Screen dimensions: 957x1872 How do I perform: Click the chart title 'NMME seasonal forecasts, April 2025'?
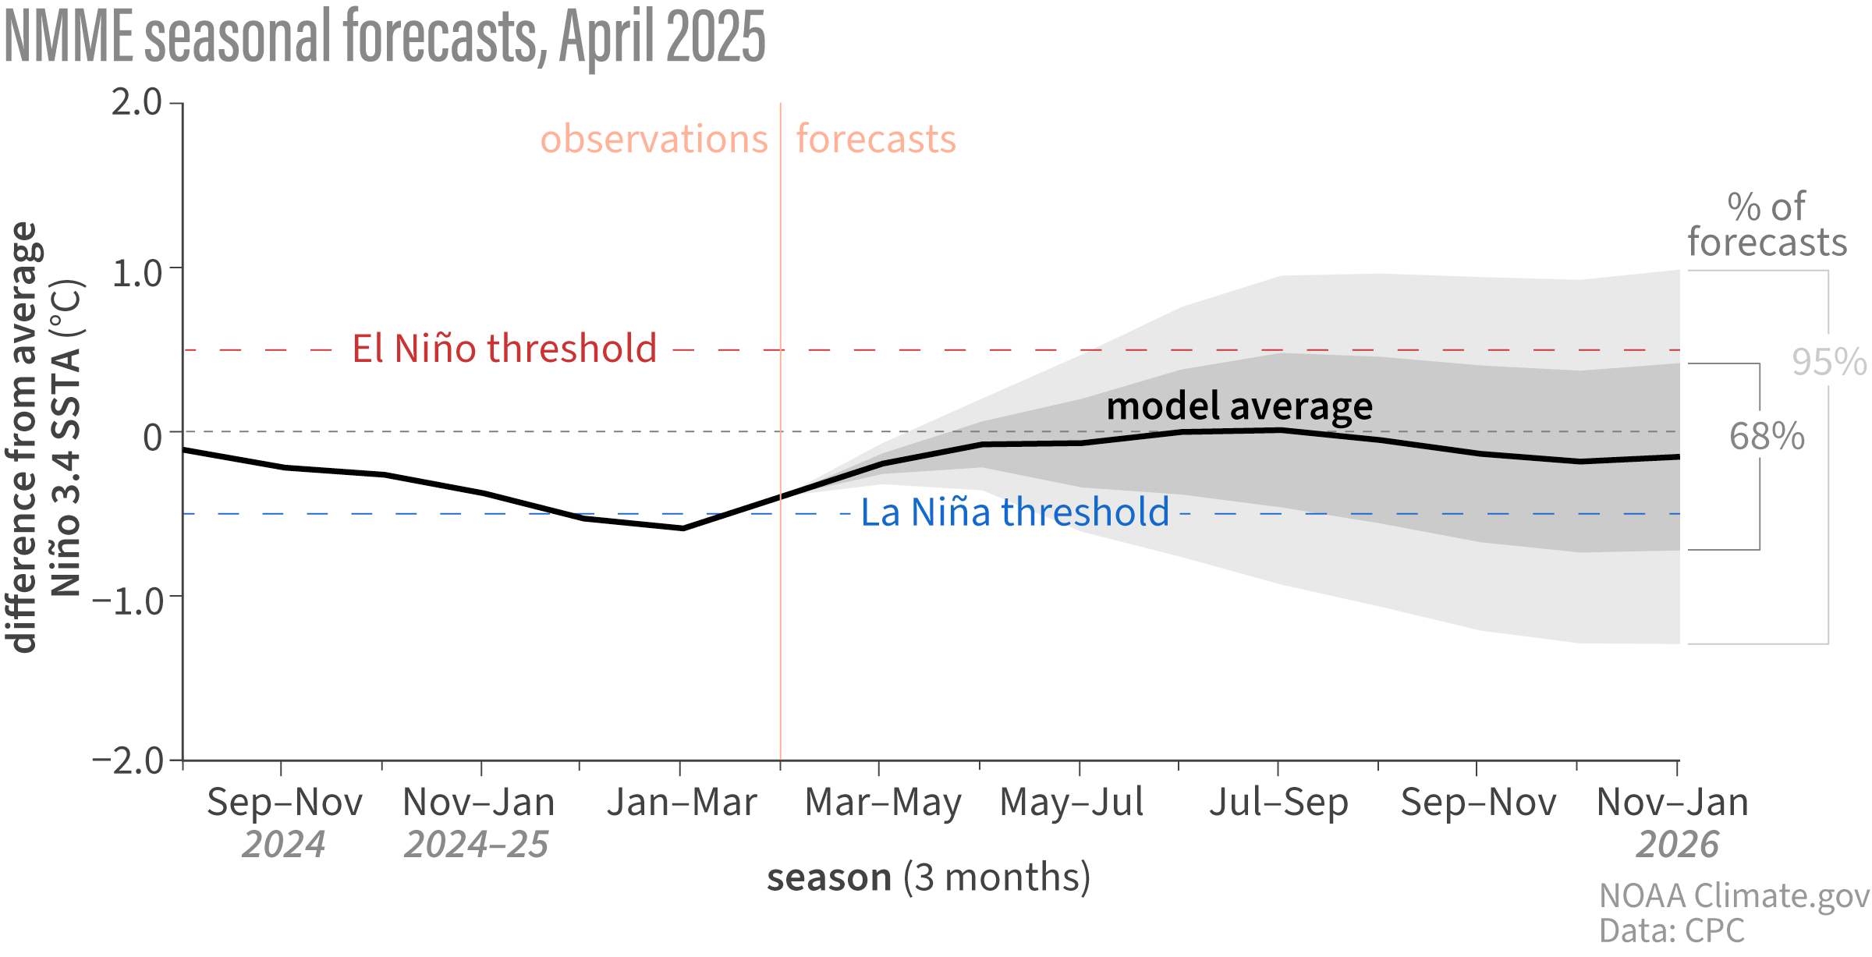pyautogui.click(x=385, y=37)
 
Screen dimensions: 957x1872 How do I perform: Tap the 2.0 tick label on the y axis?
pyautogui.click(x=136, y=103)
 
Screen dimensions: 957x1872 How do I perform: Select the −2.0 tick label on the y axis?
pyautogui.click(x=128, y=760)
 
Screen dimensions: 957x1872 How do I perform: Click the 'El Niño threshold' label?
pyautogui.click(x=504, y=349)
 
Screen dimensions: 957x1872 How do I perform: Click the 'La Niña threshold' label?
pyautogui.click(x=1015, y=512)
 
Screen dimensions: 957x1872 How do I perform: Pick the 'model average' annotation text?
pyautogui.click(x=1239, y=406)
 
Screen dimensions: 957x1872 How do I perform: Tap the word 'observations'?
pyautogui.click(x=654, y=140)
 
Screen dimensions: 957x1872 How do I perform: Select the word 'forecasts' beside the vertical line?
pyautogui.click(x=876, y=140)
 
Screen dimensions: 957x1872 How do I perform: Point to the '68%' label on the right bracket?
pyautogui.click(x=1767, y=437)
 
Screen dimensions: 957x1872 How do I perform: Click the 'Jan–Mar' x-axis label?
pyautogui.click(x=682, y=803)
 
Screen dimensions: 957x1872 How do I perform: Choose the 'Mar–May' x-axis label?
pyautogui.click(x=883, y=803)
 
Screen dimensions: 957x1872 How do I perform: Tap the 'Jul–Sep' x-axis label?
pyautogui.click(x=1278, y=803)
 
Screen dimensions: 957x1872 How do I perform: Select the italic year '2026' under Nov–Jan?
pyautogui.click(x=1677, y=845)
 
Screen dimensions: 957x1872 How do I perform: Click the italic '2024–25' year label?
pyautogui.click(x=476, y=845)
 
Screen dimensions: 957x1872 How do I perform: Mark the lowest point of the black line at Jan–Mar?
pyautogui.click(x=683, y=529)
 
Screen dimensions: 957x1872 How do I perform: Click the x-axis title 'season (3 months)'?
pyautogui.click(x=928, y=877)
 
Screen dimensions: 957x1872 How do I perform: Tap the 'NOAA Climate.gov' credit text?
pyautogui.click(x=1734, y=896)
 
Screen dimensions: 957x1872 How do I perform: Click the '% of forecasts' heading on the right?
pyautogui.click(x=1767, y=225)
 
